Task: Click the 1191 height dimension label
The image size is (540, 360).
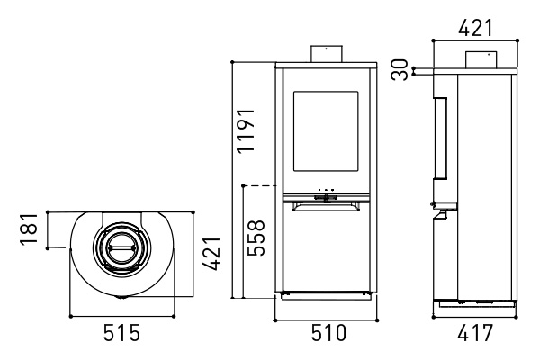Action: point(247,130)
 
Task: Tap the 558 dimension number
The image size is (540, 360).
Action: point(256,238)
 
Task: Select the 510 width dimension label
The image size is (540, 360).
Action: point(328,333)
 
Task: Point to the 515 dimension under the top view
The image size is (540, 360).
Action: point(121,333)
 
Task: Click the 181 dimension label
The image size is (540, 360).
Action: point(29,229)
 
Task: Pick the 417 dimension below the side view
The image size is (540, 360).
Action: point(475,333)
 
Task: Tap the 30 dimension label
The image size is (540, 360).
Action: point(400,70)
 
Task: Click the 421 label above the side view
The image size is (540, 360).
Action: point(475,28)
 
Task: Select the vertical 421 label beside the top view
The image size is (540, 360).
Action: point(211,254)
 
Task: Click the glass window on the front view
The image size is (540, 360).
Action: point(326,131)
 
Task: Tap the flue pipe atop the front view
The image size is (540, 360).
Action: point(327,54)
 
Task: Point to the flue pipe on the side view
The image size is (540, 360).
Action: point(481,60)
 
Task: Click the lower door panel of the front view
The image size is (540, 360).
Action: point(326,250)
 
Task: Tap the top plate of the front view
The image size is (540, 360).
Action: point(326,65)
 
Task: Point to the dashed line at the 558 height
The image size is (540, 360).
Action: point(260,185)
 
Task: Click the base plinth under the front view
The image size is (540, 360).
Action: point(326,295)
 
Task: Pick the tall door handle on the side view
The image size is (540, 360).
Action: point(440,138)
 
